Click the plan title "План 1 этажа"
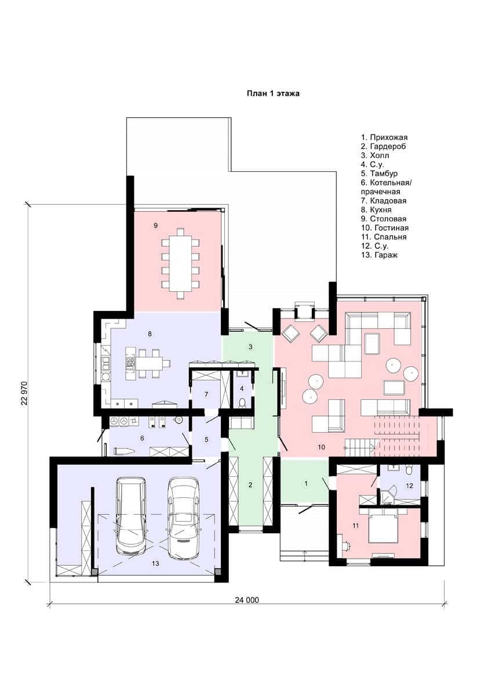click(273, 93)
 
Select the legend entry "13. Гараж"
click(379, 255)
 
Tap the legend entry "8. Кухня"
click(376, 210)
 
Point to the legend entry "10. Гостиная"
click(385, 228)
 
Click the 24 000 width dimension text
click(247, 600)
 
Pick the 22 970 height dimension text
click(25, 393)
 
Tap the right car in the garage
click(184, 518)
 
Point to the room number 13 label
click(155, 563)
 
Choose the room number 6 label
click(142, 438)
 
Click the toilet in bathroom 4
click(242, 403)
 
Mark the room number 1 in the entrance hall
click(306, 483)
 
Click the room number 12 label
click(409, 486)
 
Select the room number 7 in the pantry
click(206, 395)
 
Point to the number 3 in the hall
click(250, 347)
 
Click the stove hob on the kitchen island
click(130, 362)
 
